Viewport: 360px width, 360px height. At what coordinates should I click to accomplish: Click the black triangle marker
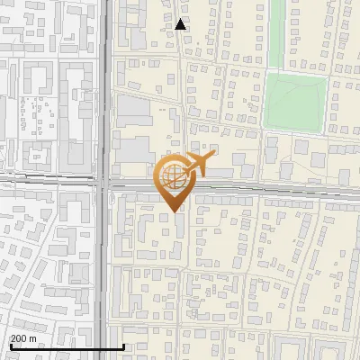coord(181,24)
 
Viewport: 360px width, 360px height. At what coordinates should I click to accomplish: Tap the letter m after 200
coord(34,338)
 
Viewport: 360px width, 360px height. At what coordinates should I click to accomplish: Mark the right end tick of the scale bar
coord(123,346)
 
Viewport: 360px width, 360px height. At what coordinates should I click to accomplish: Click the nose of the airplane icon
coord(214,157)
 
